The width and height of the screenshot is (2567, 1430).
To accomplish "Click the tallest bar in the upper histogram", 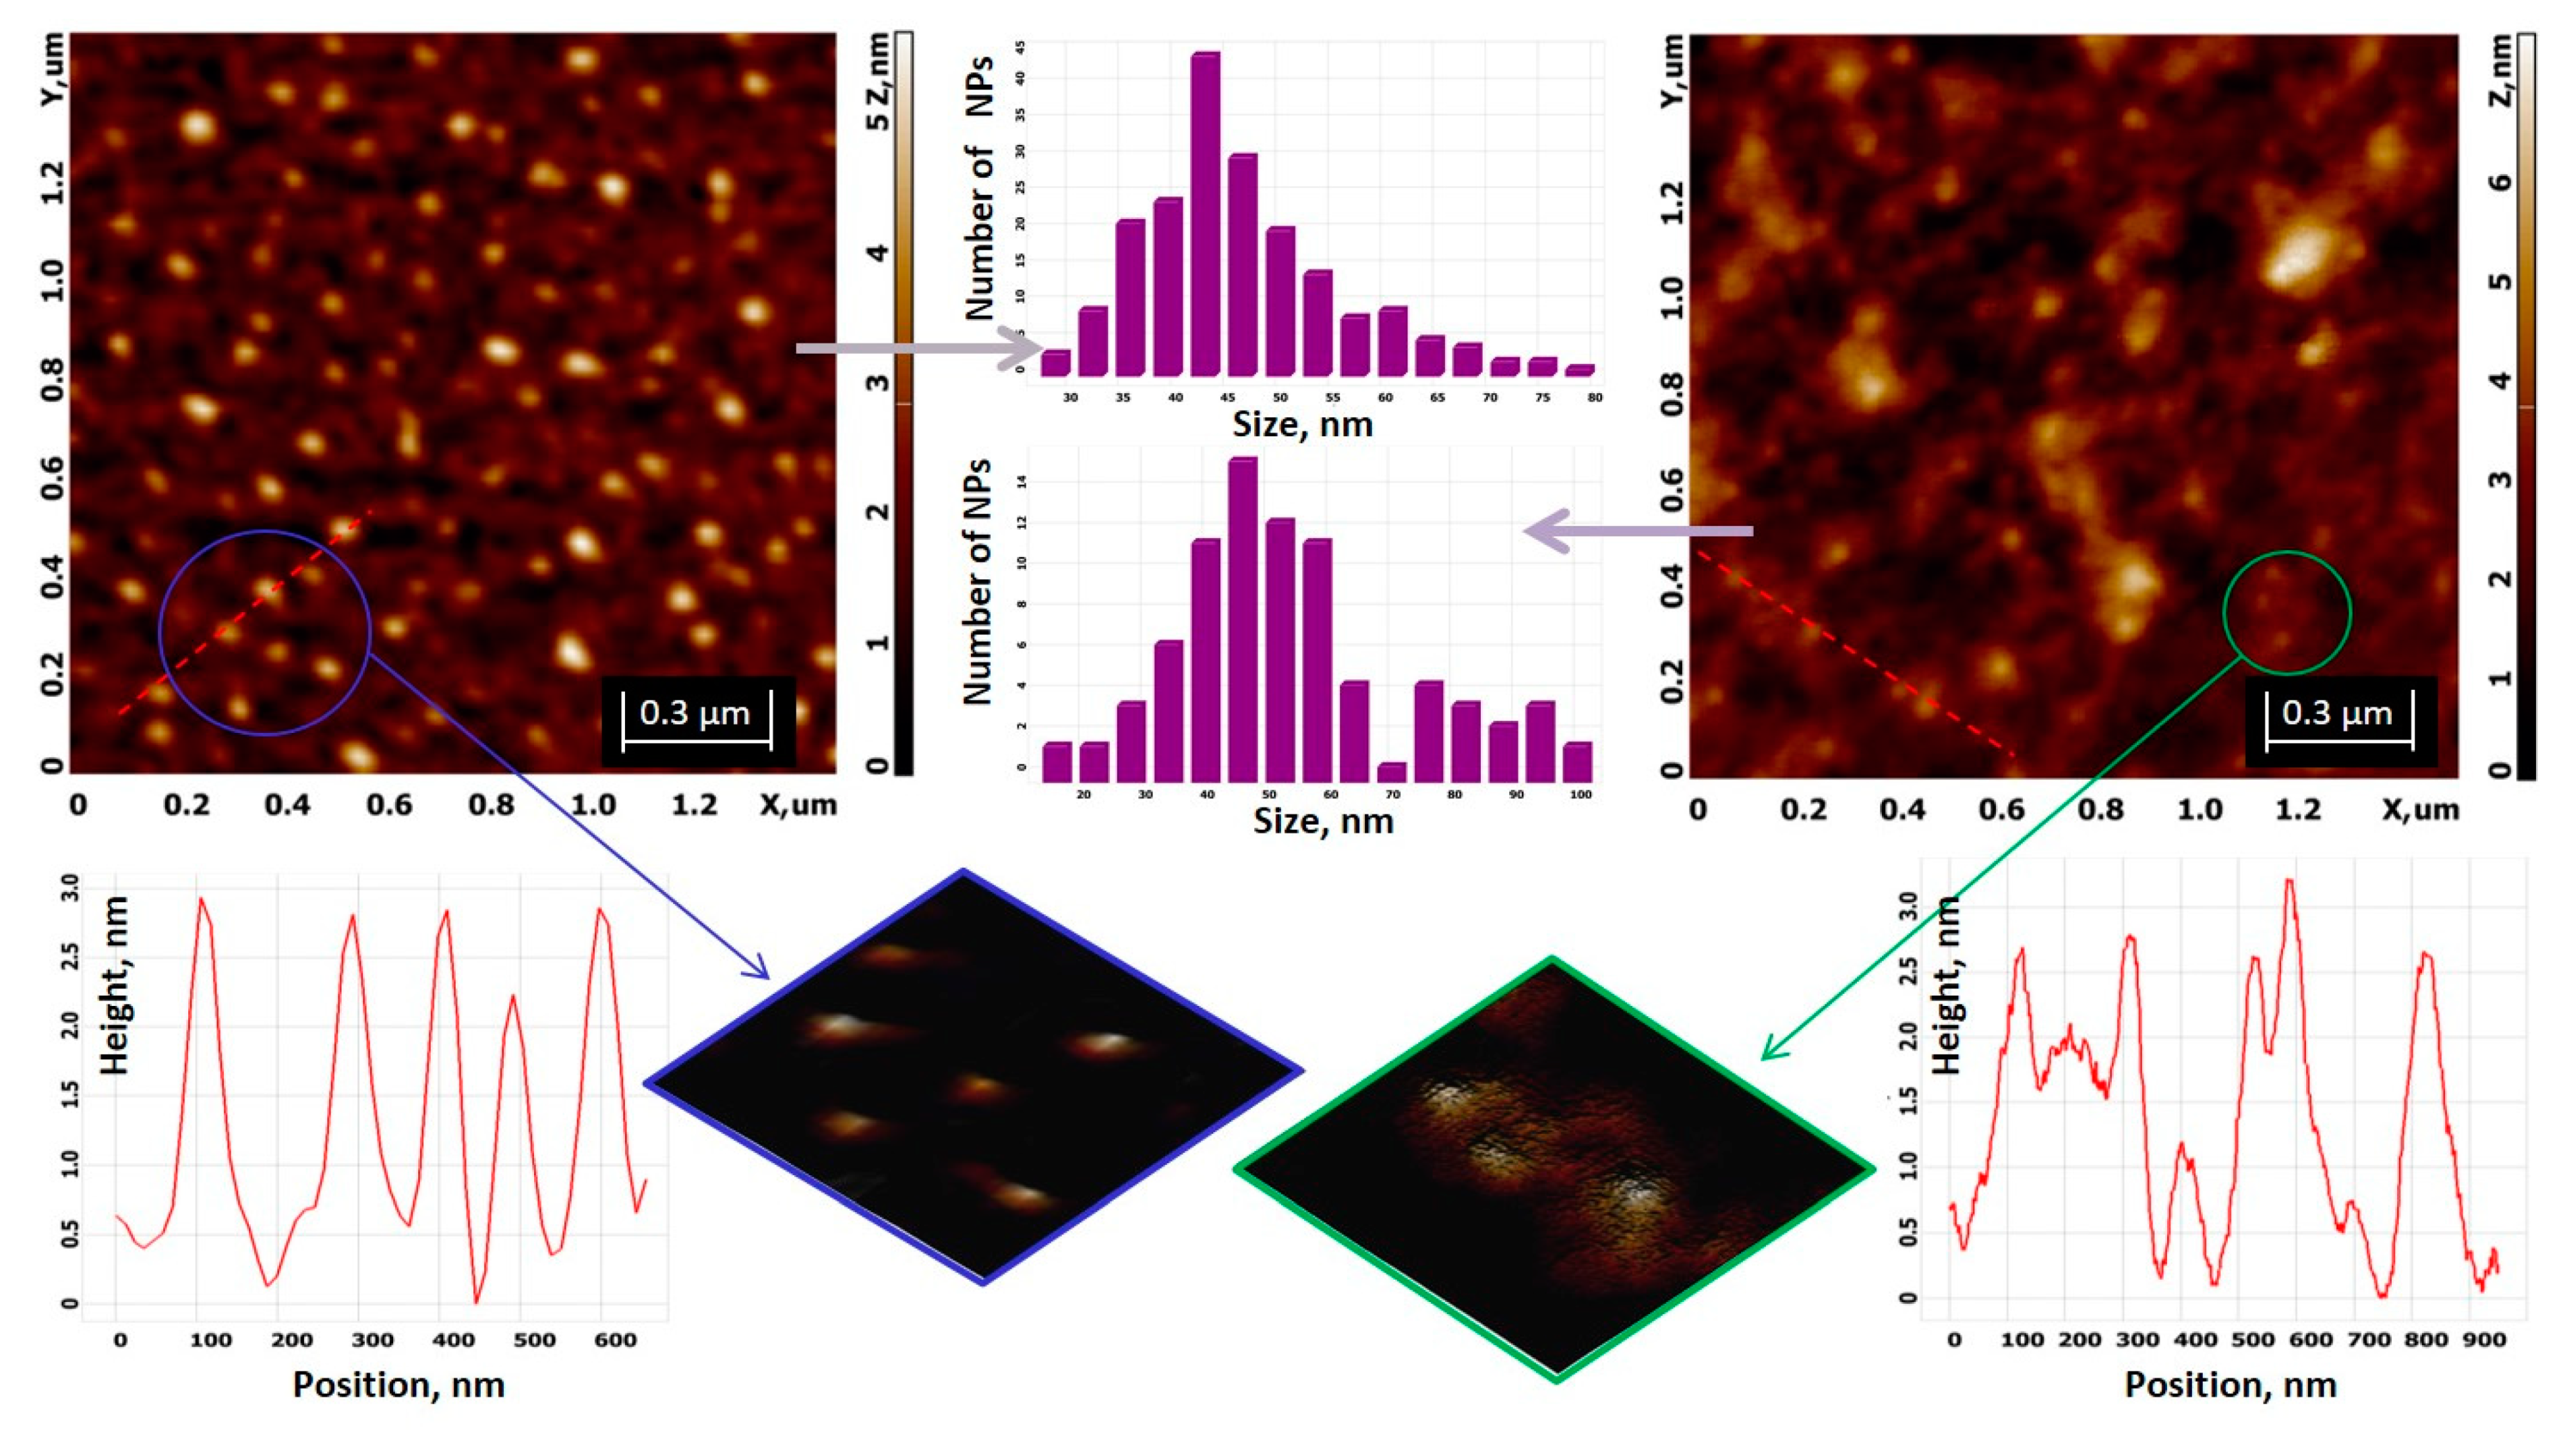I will (x=1205, y=214).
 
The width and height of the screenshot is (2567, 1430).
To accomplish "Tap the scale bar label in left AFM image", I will (x=695, y=713).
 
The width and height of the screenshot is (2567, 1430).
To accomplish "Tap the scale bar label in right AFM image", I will (x=2337, y=713).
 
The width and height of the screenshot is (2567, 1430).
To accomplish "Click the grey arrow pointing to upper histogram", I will (x=917, y=349).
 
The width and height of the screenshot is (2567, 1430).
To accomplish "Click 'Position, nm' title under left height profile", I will (x=399, y=1384).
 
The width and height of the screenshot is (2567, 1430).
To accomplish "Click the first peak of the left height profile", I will (x=202, y=900).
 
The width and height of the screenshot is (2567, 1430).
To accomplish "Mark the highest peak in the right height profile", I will (x=2289, y=882).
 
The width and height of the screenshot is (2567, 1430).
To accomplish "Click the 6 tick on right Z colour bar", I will (x=2500, y=182).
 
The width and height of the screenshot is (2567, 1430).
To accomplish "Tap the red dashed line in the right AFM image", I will (x=1854, y=653).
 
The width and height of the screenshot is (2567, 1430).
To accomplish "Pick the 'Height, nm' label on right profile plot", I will (x=1946, y=986).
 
